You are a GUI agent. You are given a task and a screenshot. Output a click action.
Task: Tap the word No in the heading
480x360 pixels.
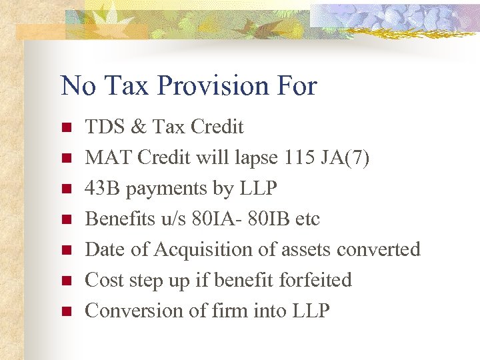pyautogui.click(x=75, y=86)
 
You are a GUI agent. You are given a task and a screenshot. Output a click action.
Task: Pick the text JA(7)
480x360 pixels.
pyautogui.click(x=346, y=157)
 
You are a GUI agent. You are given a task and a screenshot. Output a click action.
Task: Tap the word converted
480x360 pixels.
pyautogui.click(x=379, y=249)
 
